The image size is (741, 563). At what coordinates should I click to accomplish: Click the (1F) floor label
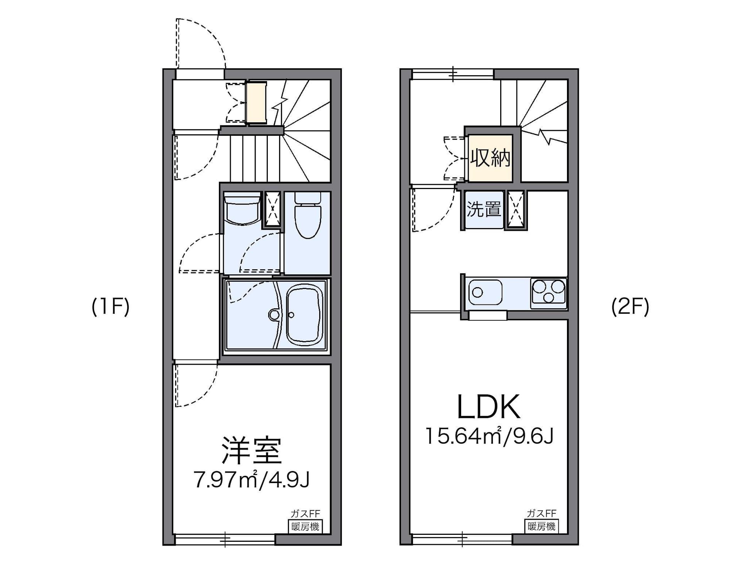(x=110, y=307)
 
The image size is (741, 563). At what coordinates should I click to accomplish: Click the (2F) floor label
(x=630, y=307)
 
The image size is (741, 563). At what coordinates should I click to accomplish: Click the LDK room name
(x=489, y=407)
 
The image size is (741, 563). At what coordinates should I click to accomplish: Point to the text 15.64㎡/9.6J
(x=489, y=436)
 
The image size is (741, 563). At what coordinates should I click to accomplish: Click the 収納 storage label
(x=490, y=158)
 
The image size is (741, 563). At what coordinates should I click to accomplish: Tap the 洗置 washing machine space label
(x=484, y=209)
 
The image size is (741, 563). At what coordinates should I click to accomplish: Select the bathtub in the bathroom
(x=305, y=314)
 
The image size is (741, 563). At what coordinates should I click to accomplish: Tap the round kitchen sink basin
(x=478, y=292)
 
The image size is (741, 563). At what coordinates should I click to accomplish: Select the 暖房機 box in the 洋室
(x=305, y=526)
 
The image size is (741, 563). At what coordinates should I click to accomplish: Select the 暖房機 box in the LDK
(x=541, y=526)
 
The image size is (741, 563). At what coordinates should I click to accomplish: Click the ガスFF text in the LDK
(x=541, y=513)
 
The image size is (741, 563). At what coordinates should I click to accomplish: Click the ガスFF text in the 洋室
(x=305, y=514)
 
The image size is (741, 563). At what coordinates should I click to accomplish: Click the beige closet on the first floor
(x=256, y=103)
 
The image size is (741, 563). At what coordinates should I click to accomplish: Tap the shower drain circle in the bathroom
(x=274, y=314)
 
